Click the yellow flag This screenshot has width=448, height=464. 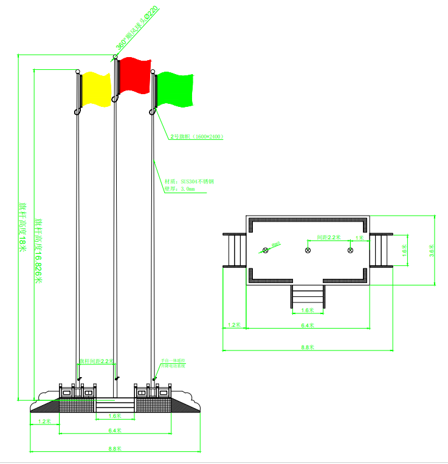tap(96, 89)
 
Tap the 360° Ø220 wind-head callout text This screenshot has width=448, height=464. tap(137, 27)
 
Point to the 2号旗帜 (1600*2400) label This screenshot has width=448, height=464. tap(196, 137)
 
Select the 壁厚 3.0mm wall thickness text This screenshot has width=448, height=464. tap(180, 189)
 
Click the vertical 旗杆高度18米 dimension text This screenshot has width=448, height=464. tap(23, 227)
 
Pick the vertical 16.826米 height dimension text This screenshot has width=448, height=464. tap(38, 250)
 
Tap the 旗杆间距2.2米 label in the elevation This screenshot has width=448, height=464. tap(97, 361)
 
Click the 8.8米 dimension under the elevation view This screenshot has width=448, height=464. tap(115, 449)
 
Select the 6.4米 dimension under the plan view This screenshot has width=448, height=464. tap(309, 326)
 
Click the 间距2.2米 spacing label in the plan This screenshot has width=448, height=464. tap(329, 237)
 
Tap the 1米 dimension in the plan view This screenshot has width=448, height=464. tap(359, 237)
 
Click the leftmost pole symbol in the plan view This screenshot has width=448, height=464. tap(265, 250)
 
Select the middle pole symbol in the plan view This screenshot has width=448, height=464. tap(308, 250)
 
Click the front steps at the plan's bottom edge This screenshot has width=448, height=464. tap(308, 296)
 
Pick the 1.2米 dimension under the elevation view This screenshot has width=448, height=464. tap(44, 421)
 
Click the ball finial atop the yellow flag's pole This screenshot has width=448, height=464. tap(78, 72)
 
